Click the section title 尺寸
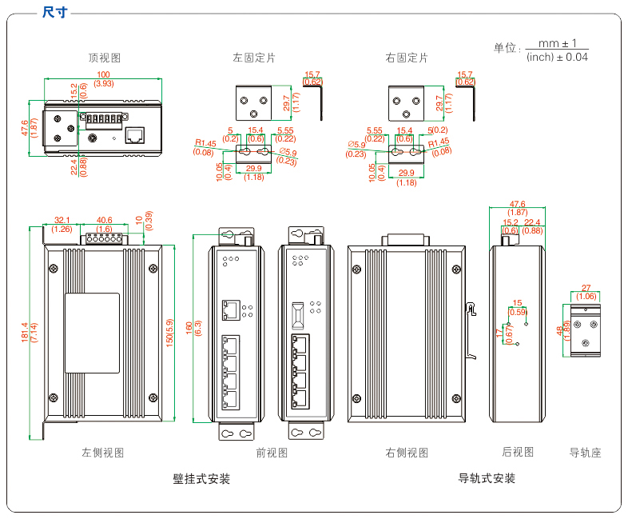(54, 12)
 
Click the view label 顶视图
(104, 58)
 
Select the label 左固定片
(254, 58)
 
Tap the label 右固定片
(406, 58)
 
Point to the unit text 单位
(507, 48)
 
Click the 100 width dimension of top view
(104, 74)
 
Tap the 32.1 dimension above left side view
(62, 220)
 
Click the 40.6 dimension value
(104, 220)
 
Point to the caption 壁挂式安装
(201, 479)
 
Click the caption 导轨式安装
(487, 478)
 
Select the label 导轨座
(585, 453)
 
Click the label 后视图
(518, 452)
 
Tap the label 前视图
(272, 453)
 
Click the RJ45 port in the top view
(135, 134)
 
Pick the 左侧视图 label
(103, 453)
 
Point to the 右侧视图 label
(407, 453)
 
